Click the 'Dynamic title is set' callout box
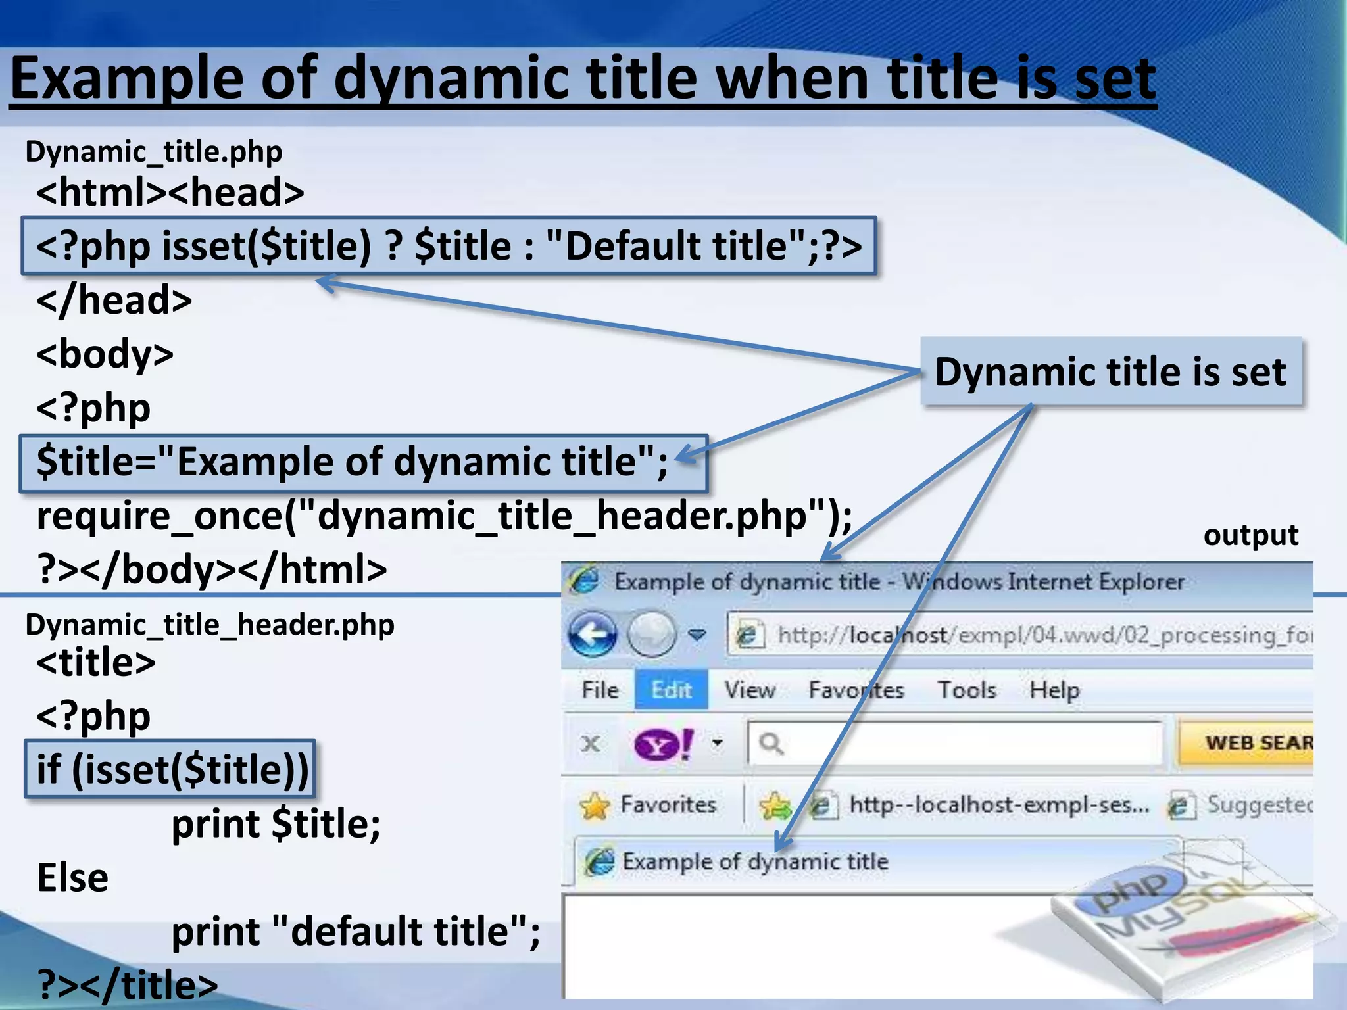pos(1110,372)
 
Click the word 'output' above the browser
pos(1250,535)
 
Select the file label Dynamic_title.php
pos(153,152)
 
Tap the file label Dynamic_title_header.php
pos(209,625)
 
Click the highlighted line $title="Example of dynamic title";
pos(353,462)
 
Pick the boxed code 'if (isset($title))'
pos(171,769)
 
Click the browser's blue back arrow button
pos(592,634)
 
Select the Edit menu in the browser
pos(671,690)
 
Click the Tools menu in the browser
pos(966,690)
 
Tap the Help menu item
pos(1054,690)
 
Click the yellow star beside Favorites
pos(595,805)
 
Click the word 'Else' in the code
pos(72,878)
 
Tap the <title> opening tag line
pos(96,662)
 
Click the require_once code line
pos(444,516)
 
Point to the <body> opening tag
pos(105,354)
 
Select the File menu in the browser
pos(600,690)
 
